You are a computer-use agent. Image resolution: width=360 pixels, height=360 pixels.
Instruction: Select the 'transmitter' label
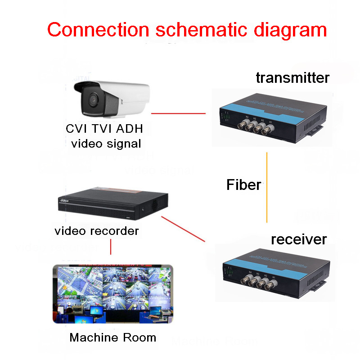pyautogui.click(x=292, y=77)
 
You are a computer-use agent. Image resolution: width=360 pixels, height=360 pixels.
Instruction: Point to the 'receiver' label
pyautogui.click(x=299, y=239)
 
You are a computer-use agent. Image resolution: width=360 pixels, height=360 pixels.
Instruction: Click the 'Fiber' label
pyautogui.click(x=243, y=184)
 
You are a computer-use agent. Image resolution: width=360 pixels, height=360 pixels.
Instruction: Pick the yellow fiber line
pyautogui.click(x=267, y=187)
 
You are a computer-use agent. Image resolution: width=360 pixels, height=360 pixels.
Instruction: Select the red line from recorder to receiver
pyautogui.click(x=183, y=229)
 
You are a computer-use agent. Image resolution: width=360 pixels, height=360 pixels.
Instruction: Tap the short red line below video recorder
pyautogui.click(x=111, y=247)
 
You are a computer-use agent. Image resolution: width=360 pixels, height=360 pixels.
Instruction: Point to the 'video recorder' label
pyautogui.click(x=97, y=231)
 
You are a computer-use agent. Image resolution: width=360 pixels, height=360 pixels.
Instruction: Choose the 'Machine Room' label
pyautogui.click(x=113, y=337)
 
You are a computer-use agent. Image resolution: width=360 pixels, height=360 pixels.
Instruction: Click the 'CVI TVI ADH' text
pyautogui.click(x=104, y=129)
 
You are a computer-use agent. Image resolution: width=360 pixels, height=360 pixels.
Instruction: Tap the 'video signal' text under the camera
pyautogui.click(x=106, y=144)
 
